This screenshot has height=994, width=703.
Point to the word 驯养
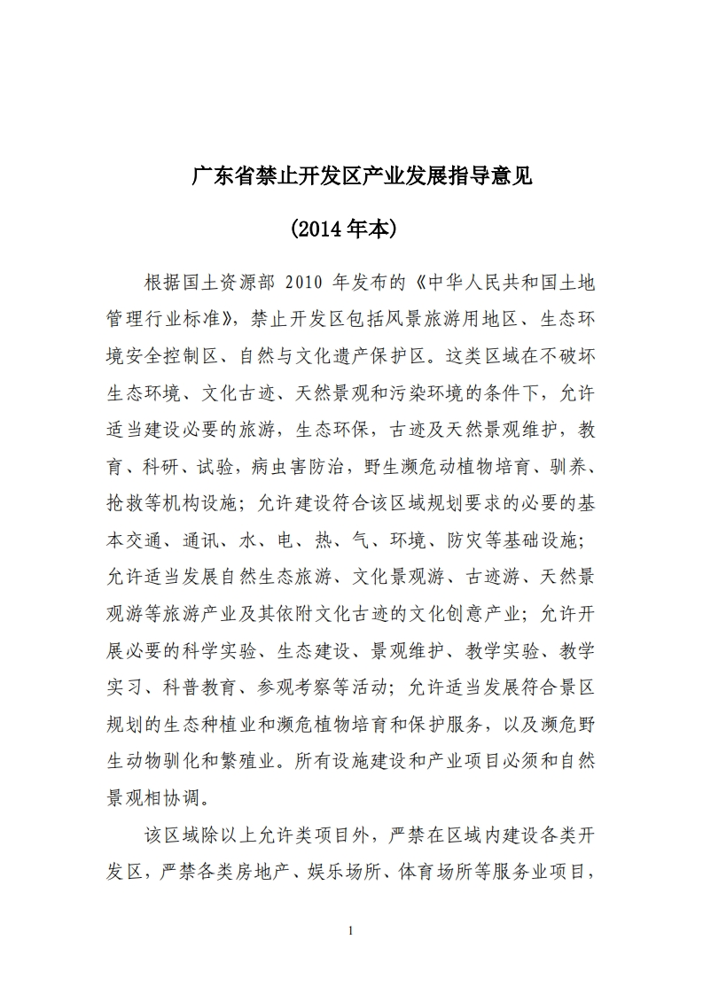574,465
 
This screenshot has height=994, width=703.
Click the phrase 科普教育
203,685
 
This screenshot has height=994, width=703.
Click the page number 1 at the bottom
352,930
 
